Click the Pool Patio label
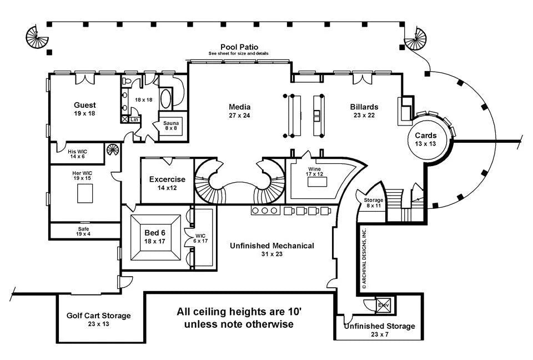coord(239,47)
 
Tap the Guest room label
coord(85,105)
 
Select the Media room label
coord(240,107)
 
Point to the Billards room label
coord(364,107)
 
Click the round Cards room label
coord(426,136)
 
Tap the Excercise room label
coord(167,179)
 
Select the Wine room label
coord(314,169)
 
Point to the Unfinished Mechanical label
coord(272,246)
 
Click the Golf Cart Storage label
coord(98,316)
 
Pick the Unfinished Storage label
coord(379,326)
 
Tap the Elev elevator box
coord(384,304)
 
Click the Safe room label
coord(83,229)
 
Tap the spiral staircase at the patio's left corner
coord(37,38)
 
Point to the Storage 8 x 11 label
coord(374,200)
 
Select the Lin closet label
coord(134,119)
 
